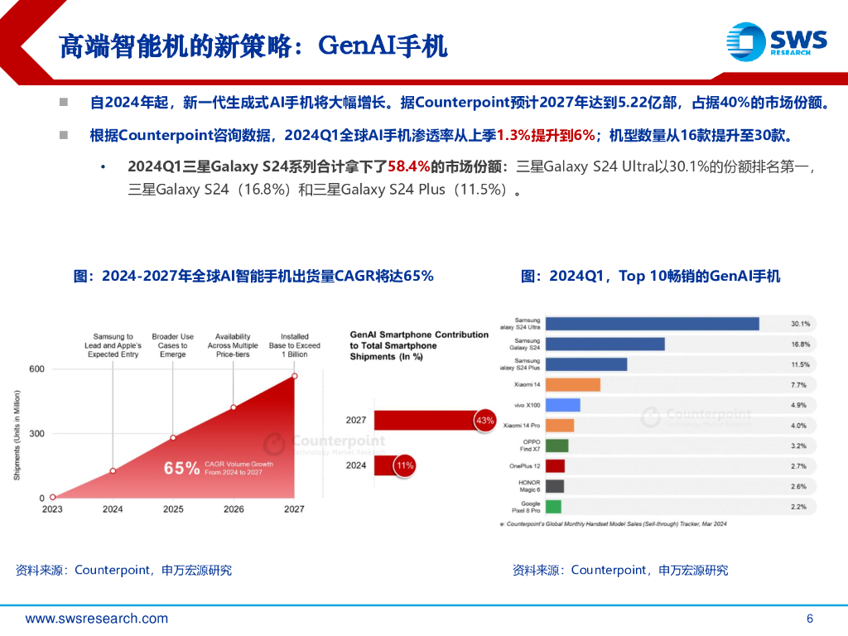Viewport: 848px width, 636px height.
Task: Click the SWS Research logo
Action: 776,41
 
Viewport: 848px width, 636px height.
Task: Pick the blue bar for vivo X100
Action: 563,405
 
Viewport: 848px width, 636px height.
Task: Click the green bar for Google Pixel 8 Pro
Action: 554,506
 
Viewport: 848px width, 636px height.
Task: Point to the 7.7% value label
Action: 798,385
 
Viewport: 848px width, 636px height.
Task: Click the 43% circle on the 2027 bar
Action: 484,421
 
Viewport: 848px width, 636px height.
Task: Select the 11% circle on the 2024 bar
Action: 404,465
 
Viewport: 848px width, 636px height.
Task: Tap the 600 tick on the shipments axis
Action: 37,369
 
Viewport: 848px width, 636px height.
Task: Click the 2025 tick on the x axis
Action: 173,509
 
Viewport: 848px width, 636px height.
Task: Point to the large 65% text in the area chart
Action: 181,468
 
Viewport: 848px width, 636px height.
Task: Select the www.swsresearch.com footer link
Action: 96,619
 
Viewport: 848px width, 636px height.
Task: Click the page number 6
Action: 810,619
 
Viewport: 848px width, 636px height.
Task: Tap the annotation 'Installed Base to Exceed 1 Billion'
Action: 294,345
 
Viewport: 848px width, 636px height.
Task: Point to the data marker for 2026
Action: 234,407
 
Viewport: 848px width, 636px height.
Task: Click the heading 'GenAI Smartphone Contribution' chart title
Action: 419,345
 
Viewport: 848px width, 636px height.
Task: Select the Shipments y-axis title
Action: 17,435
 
